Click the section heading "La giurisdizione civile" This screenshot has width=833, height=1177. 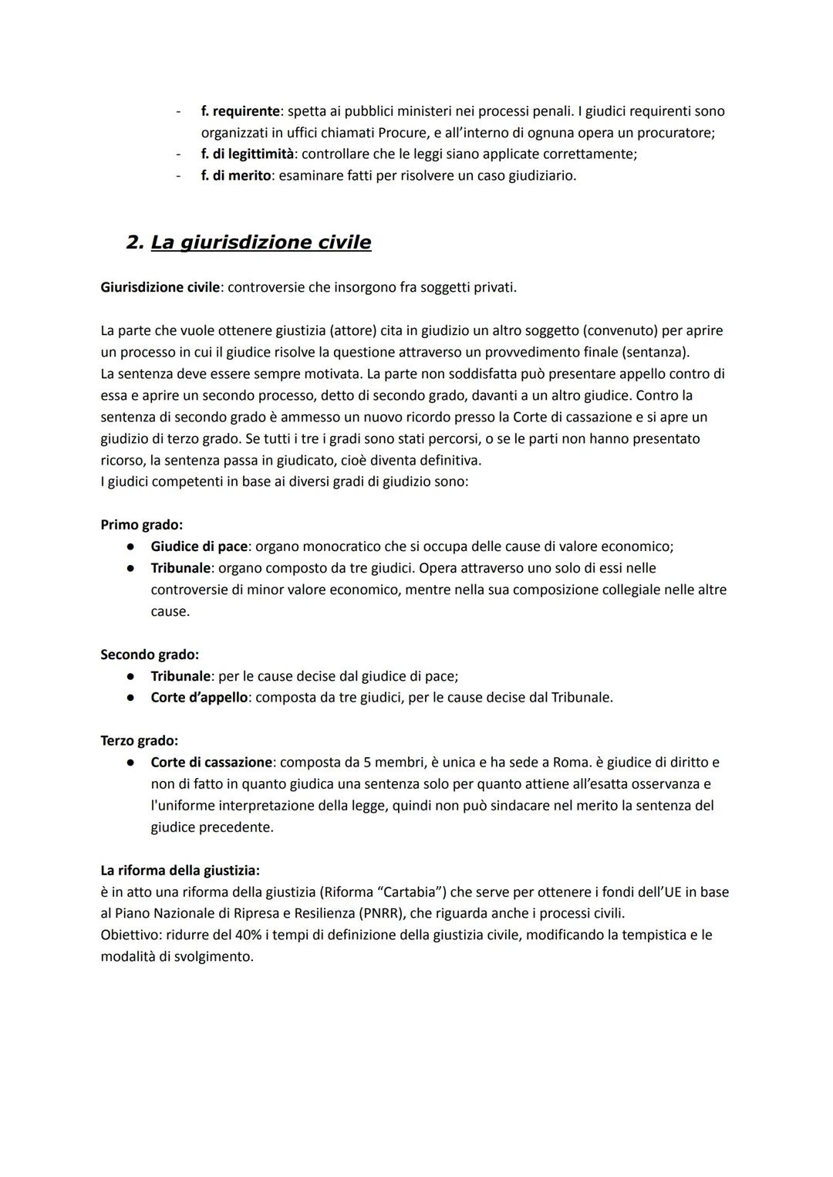coord(261,242)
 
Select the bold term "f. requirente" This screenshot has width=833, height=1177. coord(240,111)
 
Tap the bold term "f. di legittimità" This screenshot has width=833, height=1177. coord(247,154)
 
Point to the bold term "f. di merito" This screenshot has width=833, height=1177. coord(235,175)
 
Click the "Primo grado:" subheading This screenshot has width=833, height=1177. coord(142,525)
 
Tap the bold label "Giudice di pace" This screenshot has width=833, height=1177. coord(199,546)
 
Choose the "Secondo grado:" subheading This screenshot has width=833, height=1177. coord(150,654)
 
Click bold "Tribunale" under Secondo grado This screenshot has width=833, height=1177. coord(180,676)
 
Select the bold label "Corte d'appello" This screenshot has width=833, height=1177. coord(199,697)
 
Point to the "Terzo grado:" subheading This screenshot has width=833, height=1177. coord(140,740)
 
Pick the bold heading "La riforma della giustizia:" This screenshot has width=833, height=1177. coord(180,870)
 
